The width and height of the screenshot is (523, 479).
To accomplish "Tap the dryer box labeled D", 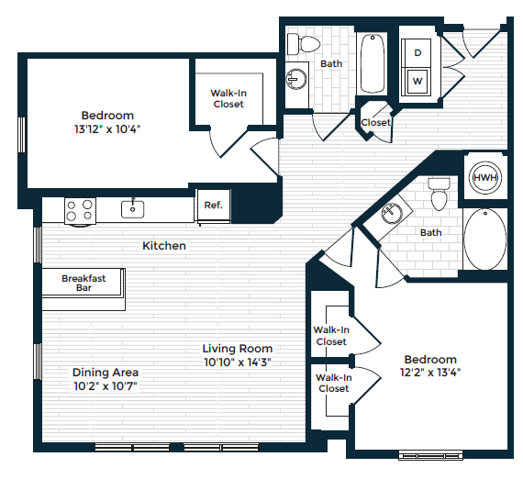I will pos(417,53).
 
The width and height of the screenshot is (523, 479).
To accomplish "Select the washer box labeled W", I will pos(417,81).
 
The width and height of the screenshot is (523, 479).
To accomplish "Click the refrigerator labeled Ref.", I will pos(213,206).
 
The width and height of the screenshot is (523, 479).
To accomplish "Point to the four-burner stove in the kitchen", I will pos(80,210).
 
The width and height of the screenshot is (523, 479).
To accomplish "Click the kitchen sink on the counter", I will pos(134,208).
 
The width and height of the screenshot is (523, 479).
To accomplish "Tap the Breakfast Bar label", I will pos(83,283).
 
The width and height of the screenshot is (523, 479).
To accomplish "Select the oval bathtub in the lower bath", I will pos(484,239).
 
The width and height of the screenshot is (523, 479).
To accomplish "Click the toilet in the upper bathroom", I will pos(303,43).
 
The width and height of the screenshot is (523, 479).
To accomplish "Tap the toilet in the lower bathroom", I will pos(439,193).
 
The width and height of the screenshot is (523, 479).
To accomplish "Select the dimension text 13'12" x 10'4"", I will pos(108,129).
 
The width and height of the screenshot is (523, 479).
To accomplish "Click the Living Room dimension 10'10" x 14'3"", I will pos(238,362).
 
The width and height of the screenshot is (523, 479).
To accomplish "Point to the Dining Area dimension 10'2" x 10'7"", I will pos(106,385).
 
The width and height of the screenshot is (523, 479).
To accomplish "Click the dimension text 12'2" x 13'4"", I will pos(429,373).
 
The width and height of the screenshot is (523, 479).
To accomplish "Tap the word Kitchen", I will pos(164,246).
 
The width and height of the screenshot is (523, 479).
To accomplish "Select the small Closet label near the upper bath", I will pos(375,122).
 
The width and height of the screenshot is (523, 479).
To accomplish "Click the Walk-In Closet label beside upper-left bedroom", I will pos(228,98).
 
